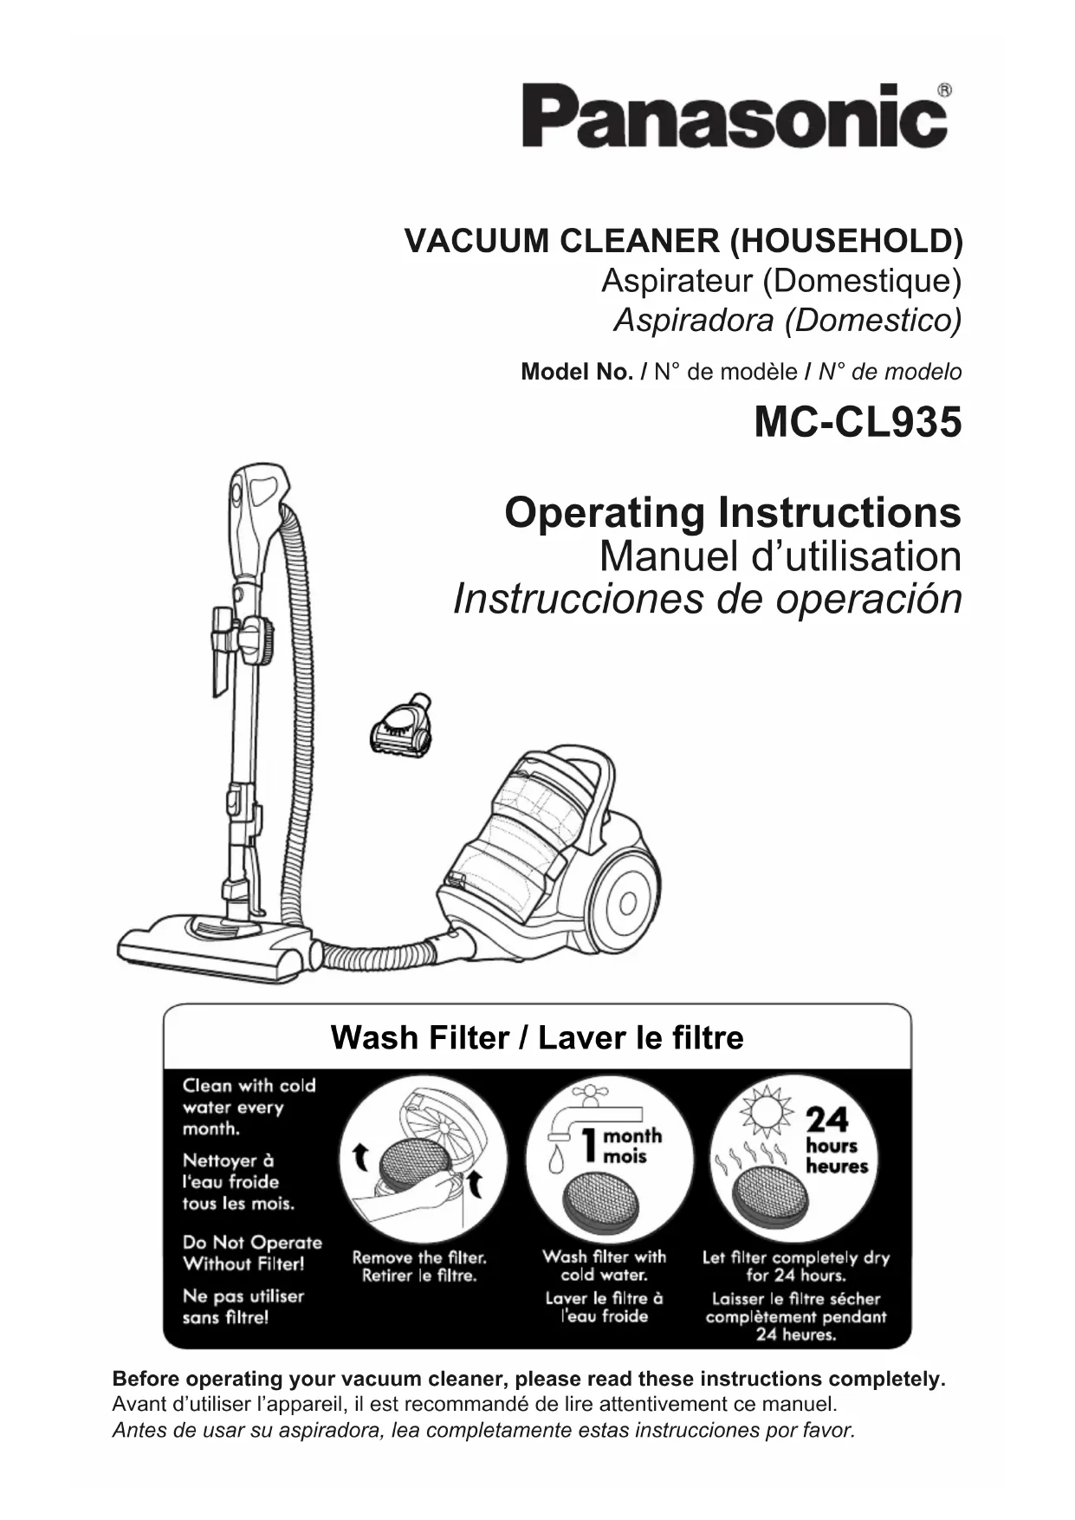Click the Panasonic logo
(x=733, y=117)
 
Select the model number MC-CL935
(x=857, y=424)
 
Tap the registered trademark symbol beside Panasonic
(x=945, y=89)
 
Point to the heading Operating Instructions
(x=732, y=512)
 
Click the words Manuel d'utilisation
(x=780, y=556)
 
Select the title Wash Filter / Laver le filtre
(x=537, y=1037)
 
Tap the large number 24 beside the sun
(x=828, y=1120)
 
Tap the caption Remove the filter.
(x=419, y=1257)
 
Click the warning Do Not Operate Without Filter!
(x=251, y=1253)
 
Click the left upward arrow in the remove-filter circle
(x=359, y=1154)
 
